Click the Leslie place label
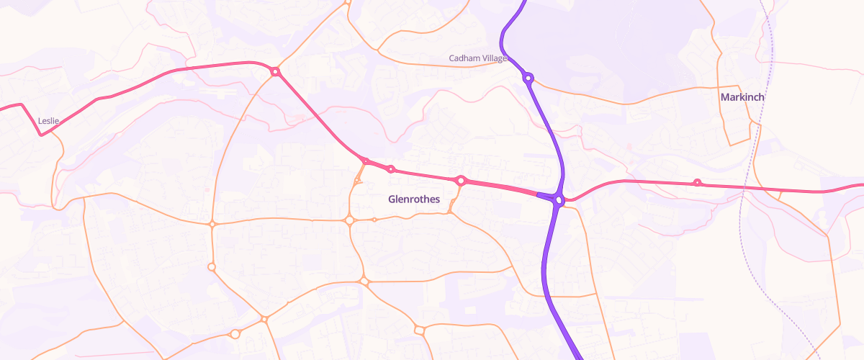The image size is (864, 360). point(48,121)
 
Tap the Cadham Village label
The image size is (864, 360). point(478,58)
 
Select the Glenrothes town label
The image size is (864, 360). point(413,199)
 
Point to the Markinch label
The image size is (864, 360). point(742,96)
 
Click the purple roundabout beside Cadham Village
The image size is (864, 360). point(528,78)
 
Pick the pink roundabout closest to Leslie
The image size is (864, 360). point(274,71)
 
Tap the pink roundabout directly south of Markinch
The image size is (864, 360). point(697,183)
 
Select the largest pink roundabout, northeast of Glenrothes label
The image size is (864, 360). point(461,181)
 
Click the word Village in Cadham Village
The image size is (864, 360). point(493,58)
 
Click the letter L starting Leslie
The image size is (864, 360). point(40,121)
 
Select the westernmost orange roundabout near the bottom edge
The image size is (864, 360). point(235,334)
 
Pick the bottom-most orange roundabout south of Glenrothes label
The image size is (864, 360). point(419,330)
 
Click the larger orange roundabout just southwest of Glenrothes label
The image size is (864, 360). point(349,220)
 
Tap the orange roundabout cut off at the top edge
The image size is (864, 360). point(347,2)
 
